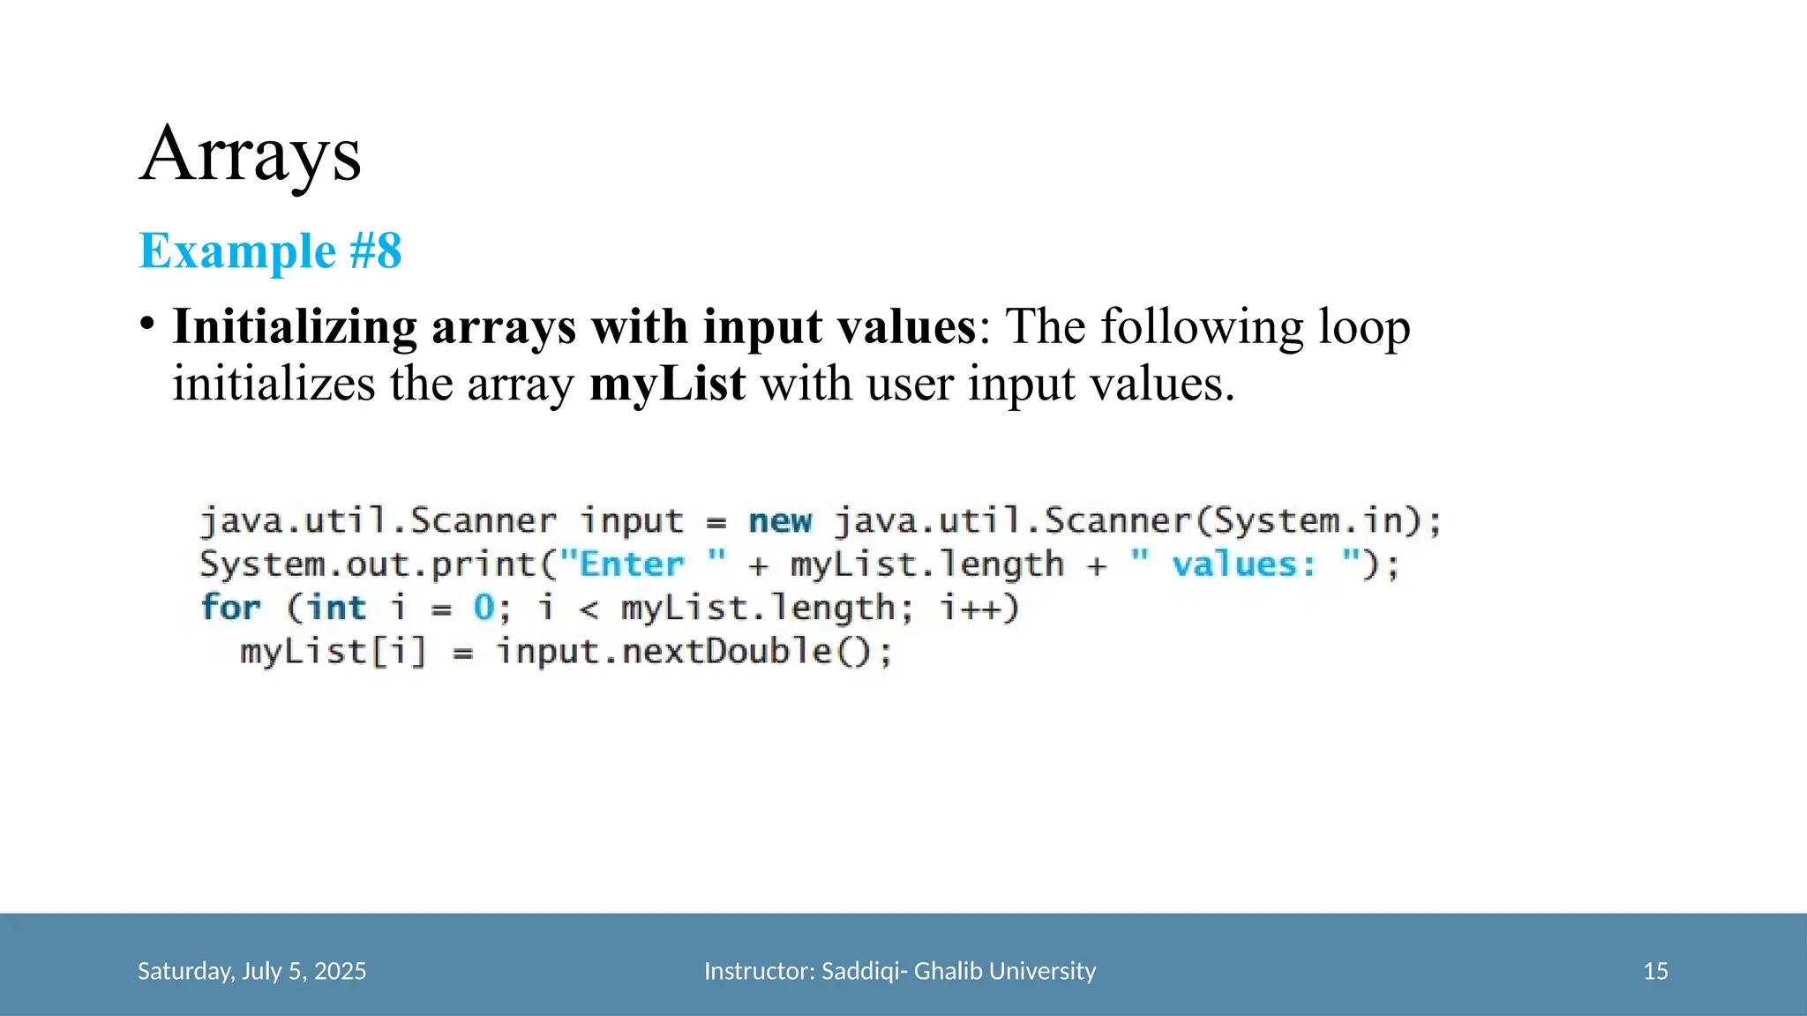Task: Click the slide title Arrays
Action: tap(251, 155)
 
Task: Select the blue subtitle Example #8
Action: tap(270, 250)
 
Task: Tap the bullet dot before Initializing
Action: tap(147, 325)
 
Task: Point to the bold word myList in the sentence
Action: tap(667, 384)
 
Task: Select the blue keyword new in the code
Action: tap(780, 520)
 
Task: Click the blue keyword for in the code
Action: tap(230, 608)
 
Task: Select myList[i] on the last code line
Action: tap(333, 652)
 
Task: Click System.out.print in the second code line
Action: tap(368, 564)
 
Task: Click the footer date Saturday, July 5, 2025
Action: tap(251, 971)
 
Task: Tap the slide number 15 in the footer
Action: tap(1655, 971)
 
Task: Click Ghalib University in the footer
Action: tap(1004, 971)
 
